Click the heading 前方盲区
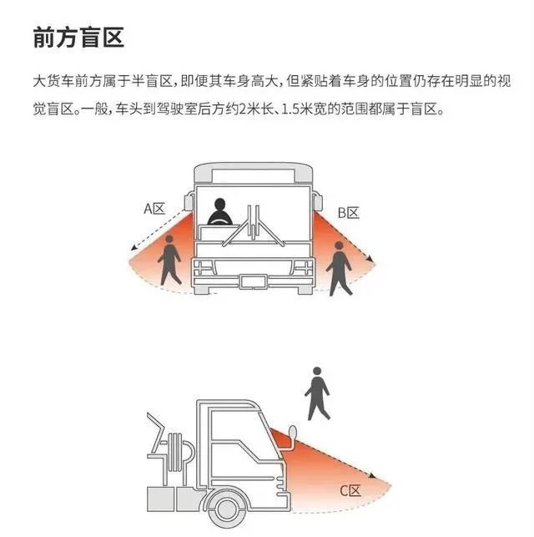click(x=78, y=38)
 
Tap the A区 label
click(x=154, y=209)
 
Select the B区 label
click(x=348, y=213)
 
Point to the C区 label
click(x=350, y=491)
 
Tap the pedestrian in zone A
click(x=169, y=260)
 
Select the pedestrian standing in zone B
click(x=339, y=268)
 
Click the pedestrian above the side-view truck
click(x=317, y=393)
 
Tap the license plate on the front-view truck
click(x=253, y=281)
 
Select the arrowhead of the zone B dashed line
click(x=369, y=258)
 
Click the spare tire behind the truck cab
click(x=176, y=452)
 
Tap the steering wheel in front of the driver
click(x=220, y=221)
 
